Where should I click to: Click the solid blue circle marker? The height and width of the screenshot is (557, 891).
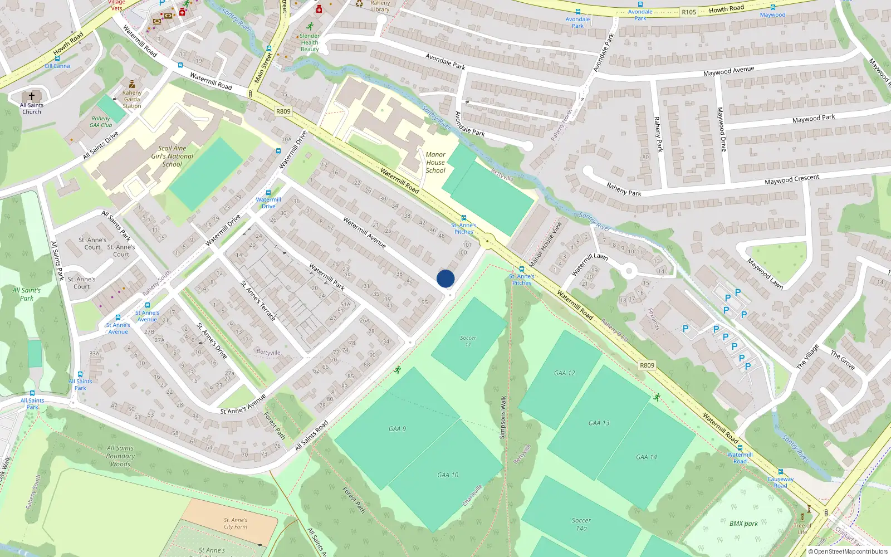pos(445,278)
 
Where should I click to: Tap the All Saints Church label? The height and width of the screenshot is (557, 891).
pos(32,108)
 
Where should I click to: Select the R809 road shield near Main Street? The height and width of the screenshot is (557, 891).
pos(283,111)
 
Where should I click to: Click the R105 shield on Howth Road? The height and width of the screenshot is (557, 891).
pos(689,12)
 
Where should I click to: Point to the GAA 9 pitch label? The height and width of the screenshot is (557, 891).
pos(397,429)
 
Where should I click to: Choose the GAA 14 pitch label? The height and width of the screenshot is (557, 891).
pos(647,457)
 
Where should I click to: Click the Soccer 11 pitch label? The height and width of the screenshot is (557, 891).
pos(468,341)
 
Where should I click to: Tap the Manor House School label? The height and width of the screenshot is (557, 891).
pos(435,163)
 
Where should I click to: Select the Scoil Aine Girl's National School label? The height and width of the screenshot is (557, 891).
pos(172,156)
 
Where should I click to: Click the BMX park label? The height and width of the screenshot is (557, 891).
pos(743,524)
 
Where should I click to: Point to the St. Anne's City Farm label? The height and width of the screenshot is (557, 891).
pos(236,523)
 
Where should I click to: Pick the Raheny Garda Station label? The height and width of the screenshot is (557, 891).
pos(132,99)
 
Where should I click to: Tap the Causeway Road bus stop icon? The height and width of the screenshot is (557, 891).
pos(780,472)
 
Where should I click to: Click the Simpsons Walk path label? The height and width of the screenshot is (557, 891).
pos(502,417)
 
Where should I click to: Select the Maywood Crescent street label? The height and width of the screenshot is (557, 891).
pos(792,180)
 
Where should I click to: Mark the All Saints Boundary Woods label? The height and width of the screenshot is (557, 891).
pos(120,456)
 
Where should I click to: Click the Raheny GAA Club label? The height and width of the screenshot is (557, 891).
pos(101,121)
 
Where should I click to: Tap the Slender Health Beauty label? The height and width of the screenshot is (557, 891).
pos(310,42)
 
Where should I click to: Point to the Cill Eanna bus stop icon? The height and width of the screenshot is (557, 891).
pos(57,58)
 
